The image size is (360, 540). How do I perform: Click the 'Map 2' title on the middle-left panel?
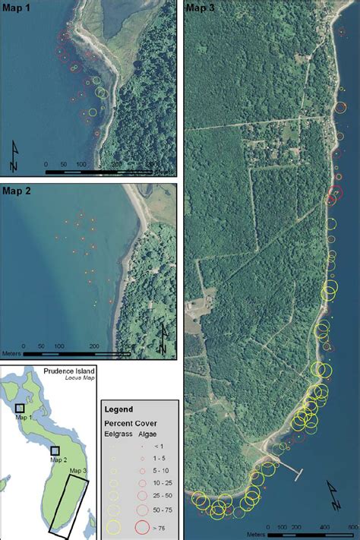click(17, 191)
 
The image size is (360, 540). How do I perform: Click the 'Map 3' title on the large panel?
click(201, 7)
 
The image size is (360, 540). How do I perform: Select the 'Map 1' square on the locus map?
click(20, 408)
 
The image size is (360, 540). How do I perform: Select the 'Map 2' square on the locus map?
click(55, 450)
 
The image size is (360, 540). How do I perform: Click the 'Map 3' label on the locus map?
click(79, 471)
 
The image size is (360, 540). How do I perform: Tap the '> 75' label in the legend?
click(169, 526)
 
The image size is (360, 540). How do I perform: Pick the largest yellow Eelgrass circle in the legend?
click(115, 526)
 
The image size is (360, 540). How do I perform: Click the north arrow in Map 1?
click(16, 156)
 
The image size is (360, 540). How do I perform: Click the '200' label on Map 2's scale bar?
click(93, 346)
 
